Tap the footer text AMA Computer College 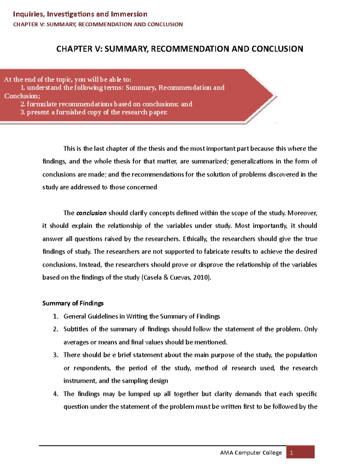(251, 453)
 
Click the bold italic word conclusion (91, 213)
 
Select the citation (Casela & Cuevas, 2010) (176, 278)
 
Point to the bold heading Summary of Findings (73, 303)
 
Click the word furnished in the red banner (71, 112)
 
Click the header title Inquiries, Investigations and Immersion (80, 14)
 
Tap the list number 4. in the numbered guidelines (55, 394)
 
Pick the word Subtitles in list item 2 (75, 329)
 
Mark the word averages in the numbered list (76, 342)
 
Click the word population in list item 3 (301, 355)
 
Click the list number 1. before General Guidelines (55, 316)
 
